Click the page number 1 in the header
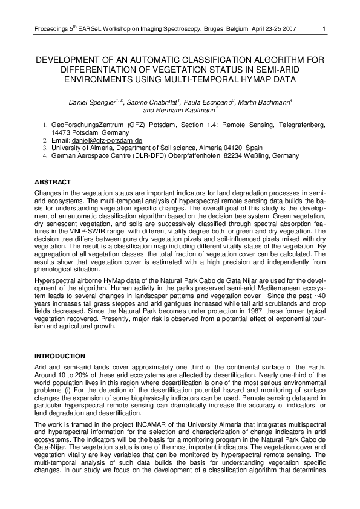pyautogui.click(x=324, y=28)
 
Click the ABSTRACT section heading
pyautogui.click(x=52, y=182)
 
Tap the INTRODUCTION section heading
pyautogui.click(x=61, y=355)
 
